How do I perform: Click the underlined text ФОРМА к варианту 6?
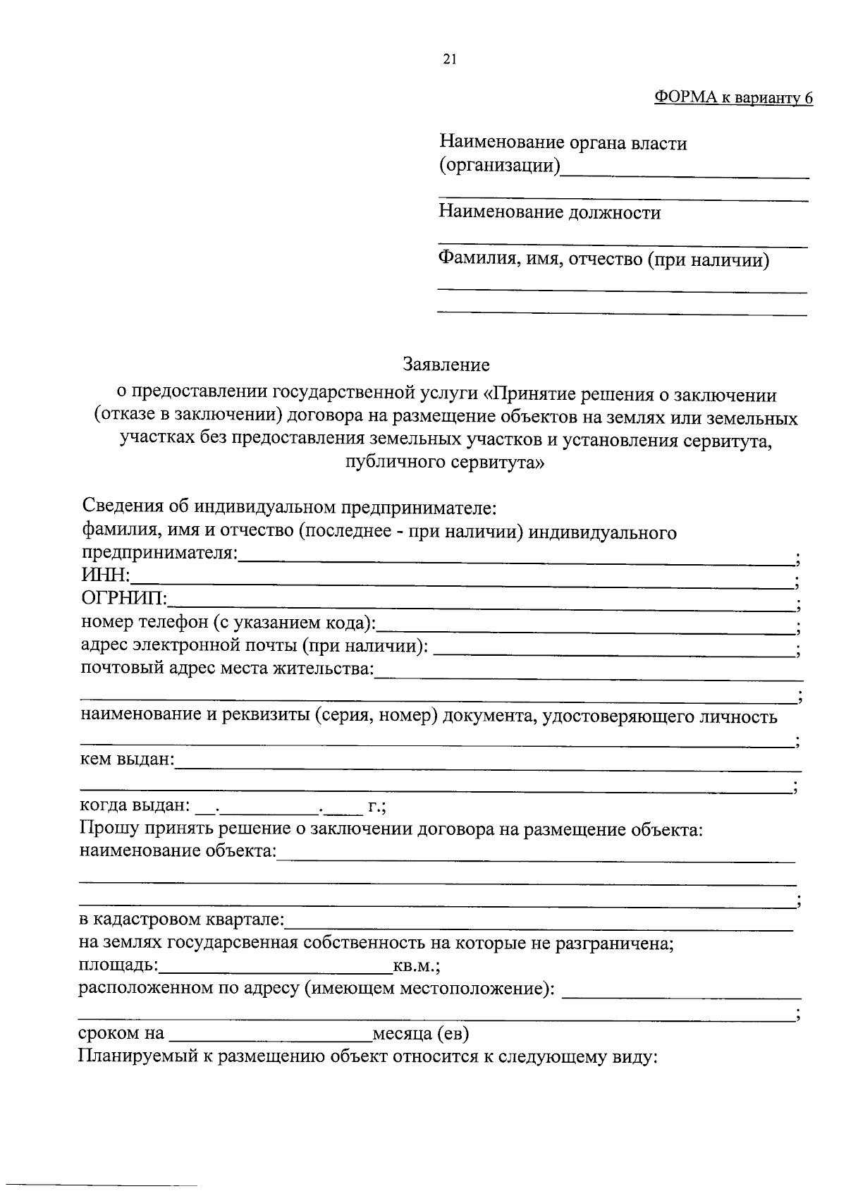point(733,98)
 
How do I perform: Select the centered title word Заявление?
point(446,365)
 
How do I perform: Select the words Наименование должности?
point(550,213)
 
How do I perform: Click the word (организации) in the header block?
point(500,166)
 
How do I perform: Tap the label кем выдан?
point(127,760)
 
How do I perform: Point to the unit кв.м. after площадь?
point(416,966)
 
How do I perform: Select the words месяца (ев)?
point(420,1034)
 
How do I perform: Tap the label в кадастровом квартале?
point(181,920)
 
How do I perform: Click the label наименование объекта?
point(178,851)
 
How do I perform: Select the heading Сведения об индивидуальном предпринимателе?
point(290,507)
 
